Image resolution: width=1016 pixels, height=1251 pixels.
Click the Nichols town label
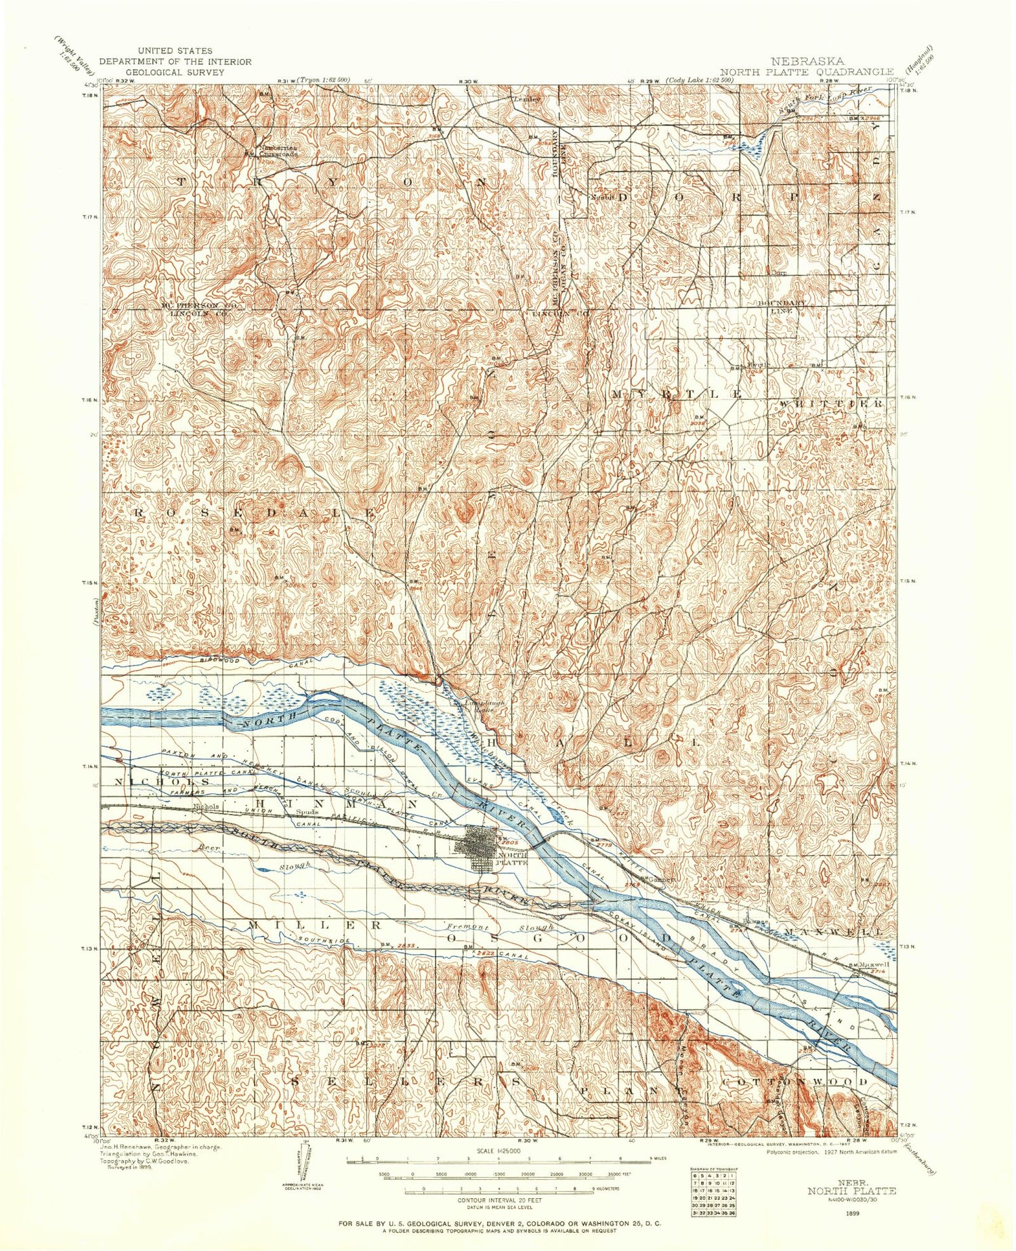(206, 807)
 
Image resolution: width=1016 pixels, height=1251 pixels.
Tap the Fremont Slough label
(500, 927)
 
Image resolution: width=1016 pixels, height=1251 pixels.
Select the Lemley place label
(528, 99)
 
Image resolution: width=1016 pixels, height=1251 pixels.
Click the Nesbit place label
(601, 198)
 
